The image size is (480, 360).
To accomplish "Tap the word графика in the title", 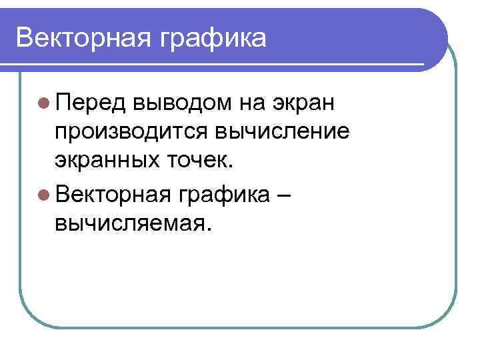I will coord(212,39).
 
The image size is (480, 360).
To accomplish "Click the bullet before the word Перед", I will coord(43,103).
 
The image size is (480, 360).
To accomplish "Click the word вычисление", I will coord(281,132).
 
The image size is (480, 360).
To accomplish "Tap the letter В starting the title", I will coord(24,37).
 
